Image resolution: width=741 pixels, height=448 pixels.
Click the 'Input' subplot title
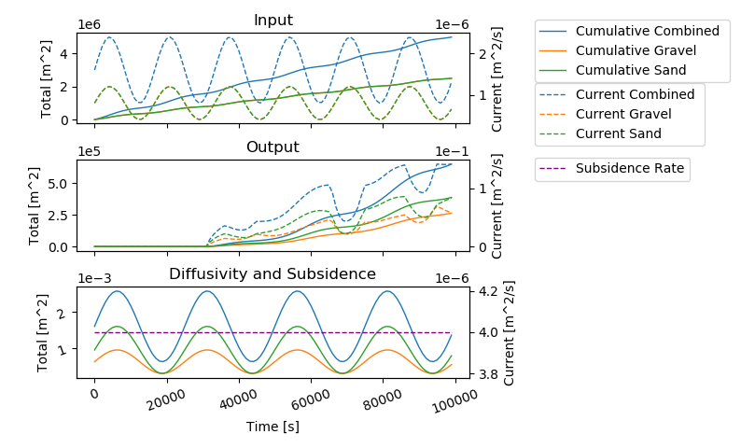[273, 21]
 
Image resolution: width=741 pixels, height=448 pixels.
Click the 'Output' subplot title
[273, 147]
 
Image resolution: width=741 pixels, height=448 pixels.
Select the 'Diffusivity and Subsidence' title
[273, 274]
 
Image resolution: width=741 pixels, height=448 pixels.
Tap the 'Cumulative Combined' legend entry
[647, 31]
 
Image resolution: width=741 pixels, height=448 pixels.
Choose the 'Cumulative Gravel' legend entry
[638, 50]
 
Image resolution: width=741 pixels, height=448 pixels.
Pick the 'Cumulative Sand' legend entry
[631, 70]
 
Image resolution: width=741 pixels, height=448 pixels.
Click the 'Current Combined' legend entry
[635, 94]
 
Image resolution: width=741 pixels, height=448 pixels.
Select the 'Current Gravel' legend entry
[625, 114]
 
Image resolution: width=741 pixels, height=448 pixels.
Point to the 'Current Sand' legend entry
[618, 133]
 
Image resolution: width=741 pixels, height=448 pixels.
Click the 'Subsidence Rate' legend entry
[630, 169]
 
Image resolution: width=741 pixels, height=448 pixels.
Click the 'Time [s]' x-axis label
[273, 427]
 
